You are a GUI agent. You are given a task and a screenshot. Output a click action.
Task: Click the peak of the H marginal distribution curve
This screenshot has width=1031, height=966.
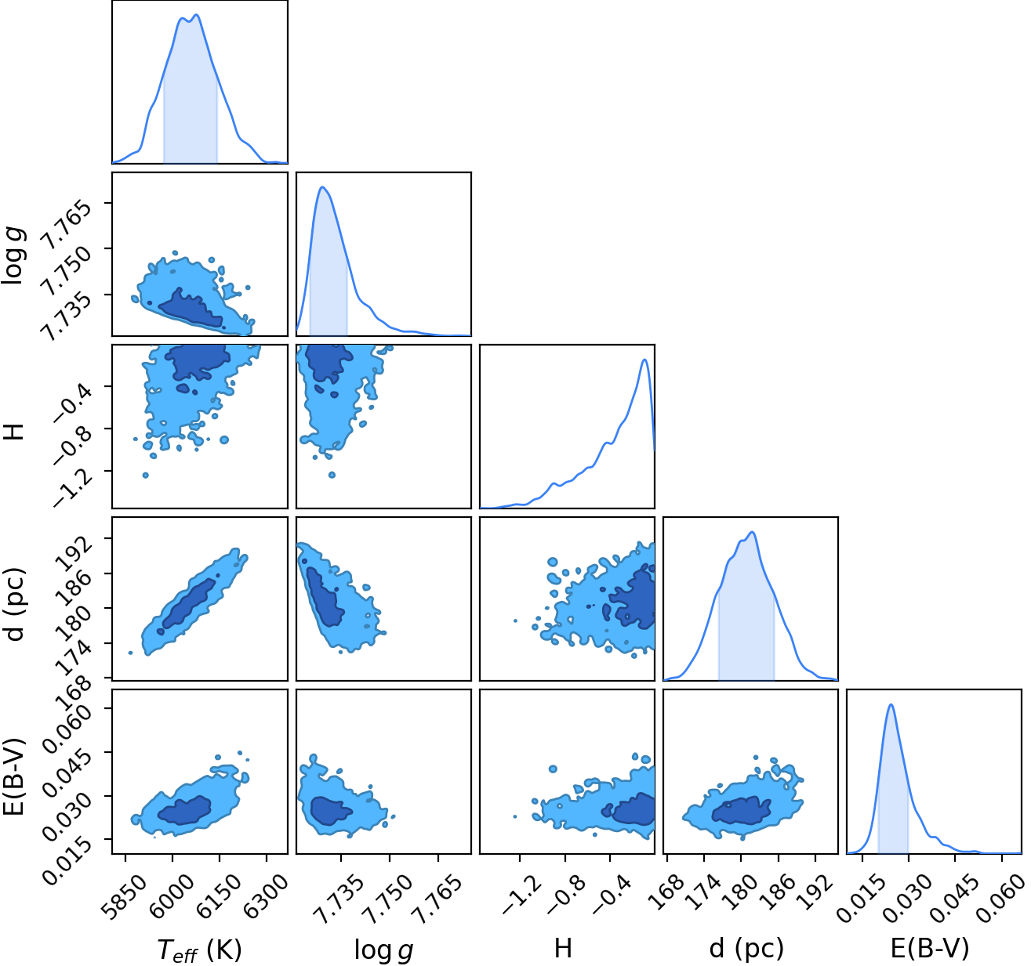pyautogui.click(x=644, y=360)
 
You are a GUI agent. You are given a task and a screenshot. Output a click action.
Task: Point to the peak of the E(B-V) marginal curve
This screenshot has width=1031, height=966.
pyautogui.click(x=891, y=704)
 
